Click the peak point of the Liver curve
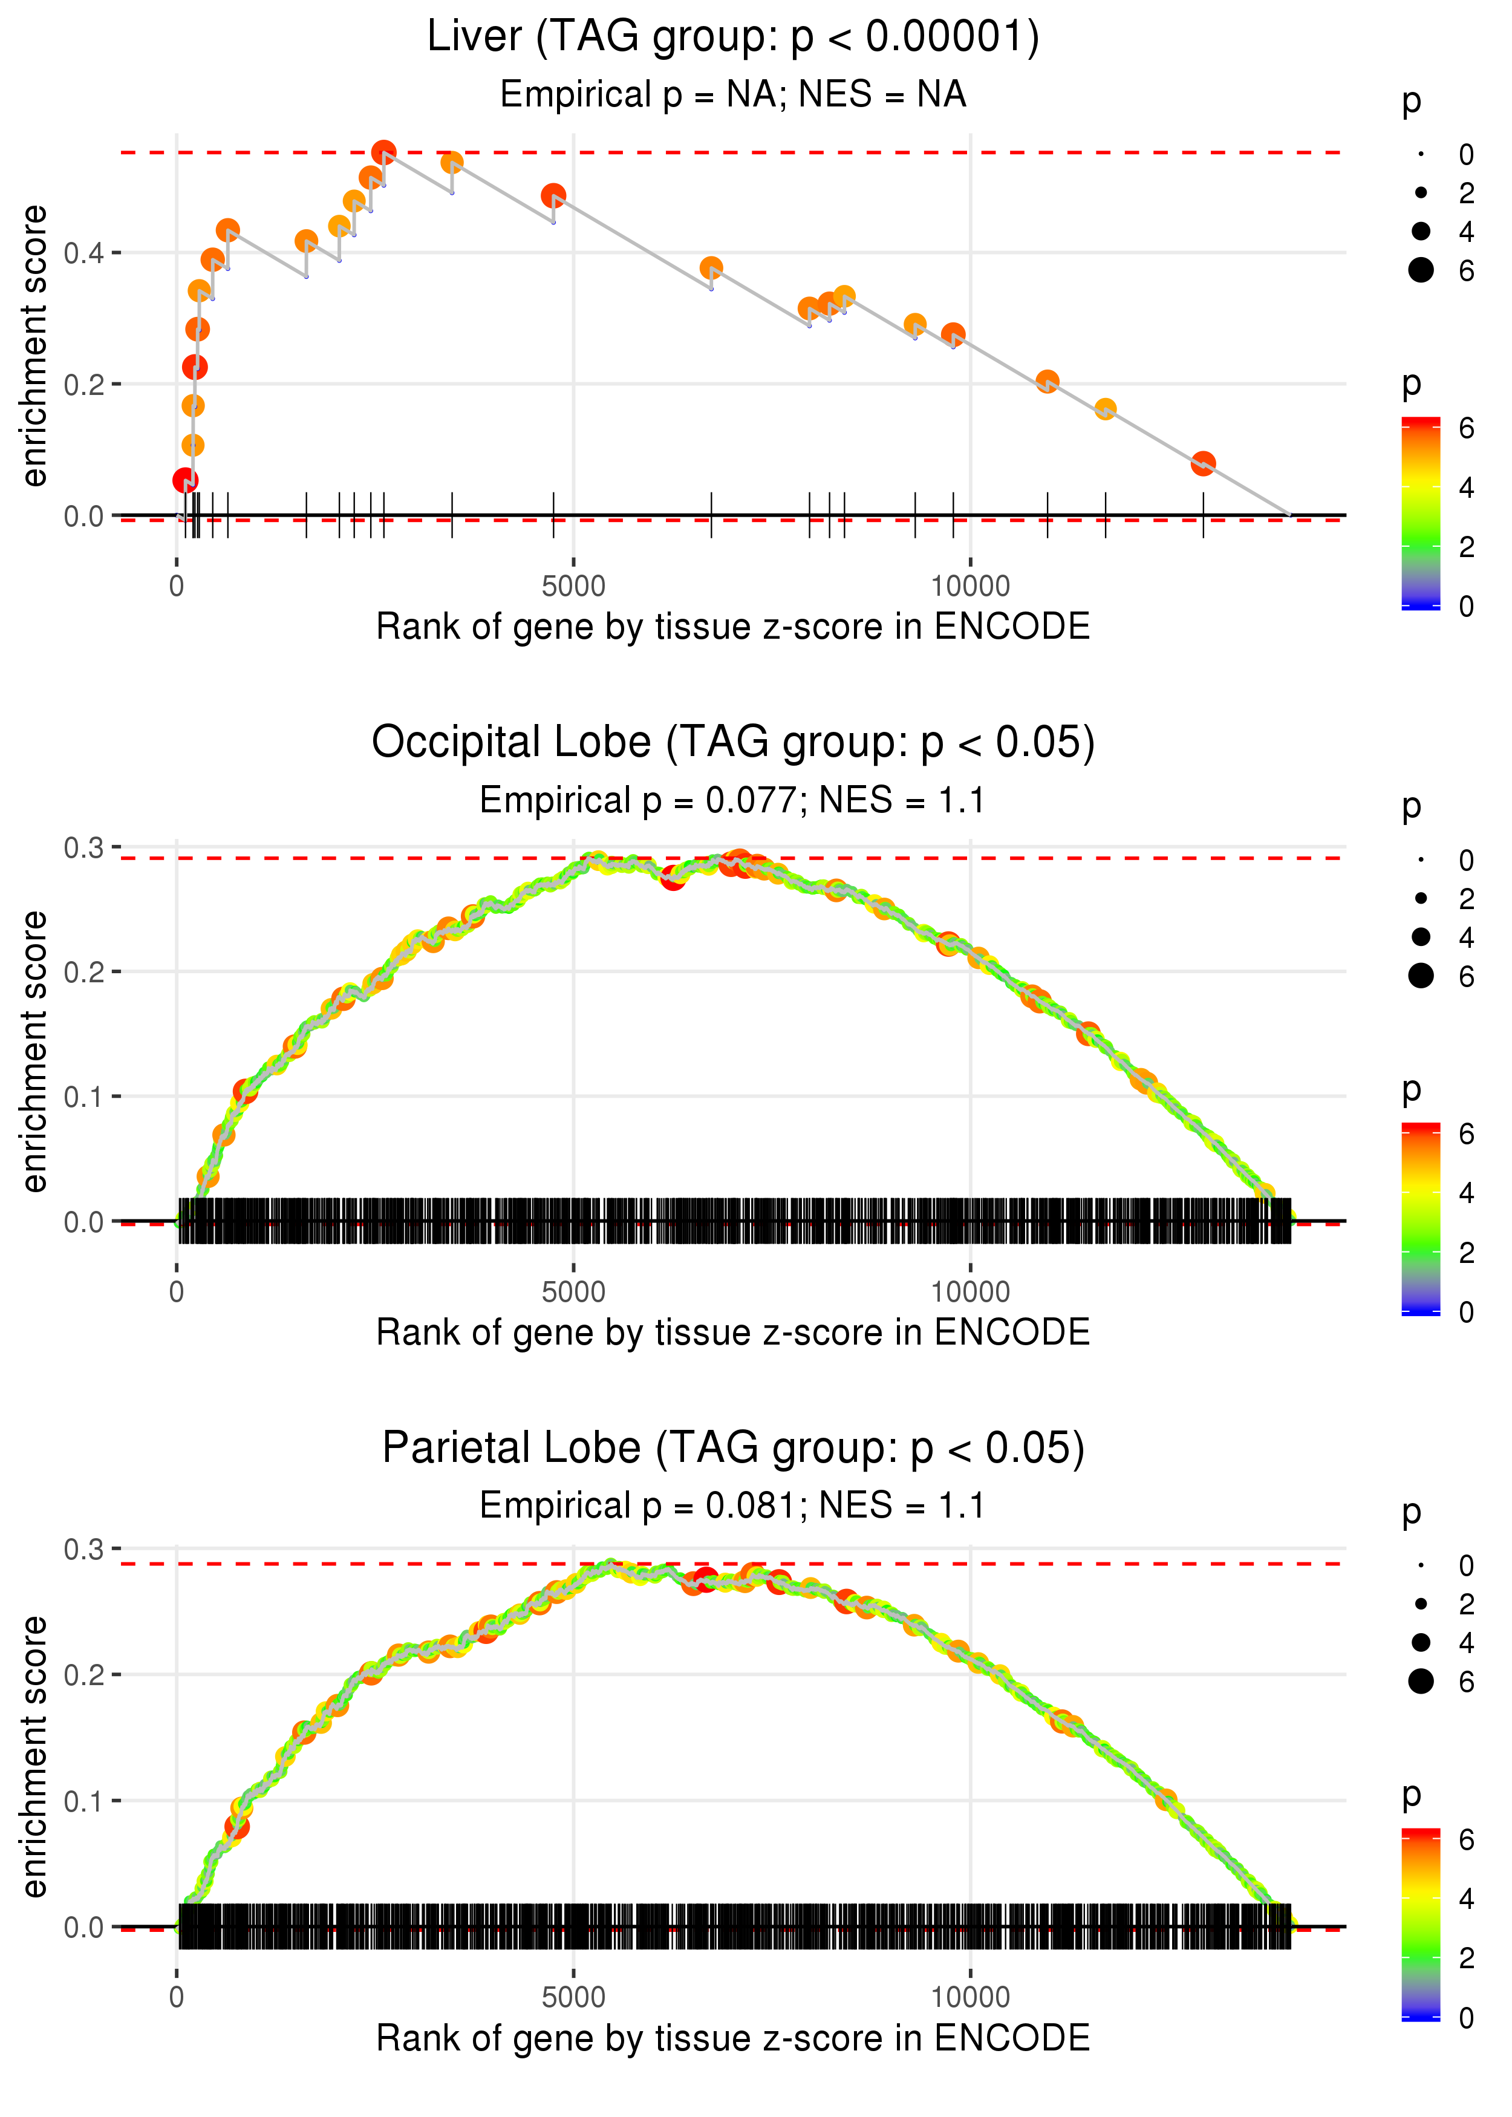click(383, 152)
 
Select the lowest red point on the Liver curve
click(185, 480)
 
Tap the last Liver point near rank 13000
click(1203, 463)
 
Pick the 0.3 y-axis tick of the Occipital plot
click(84, 847)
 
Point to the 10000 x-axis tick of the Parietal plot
click(970, 1997)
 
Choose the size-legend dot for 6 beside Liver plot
click(1421, 270)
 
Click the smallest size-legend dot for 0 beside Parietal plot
click(1421, 1565)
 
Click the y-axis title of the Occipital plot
click(35, 1051)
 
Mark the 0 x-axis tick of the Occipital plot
click(177, 1291)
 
